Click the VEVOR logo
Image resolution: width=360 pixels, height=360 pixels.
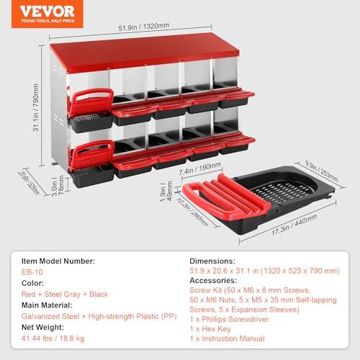tap(48, 14)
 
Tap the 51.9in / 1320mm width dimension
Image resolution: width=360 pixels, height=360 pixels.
tap(144, 27)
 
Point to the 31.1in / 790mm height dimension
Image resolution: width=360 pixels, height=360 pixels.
tap(36, 107)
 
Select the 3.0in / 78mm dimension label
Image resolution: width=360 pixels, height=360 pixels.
tap(58, 186)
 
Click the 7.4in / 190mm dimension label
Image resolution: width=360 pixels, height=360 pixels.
tap(200, 168)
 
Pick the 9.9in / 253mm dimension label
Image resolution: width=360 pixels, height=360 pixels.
tap(322, 171)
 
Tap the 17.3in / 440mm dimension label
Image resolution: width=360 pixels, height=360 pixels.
tap(294, 225)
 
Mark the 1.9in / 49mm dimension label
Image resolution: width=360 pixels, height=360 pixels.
tap(166, 191)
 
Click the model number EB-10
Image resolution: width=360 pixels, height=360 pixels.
tap(32, 272)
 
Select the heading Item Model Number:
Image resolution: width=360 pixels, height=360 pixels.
tap(58, 261)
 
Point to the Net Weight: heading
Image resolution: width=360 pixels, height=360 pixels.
tap(42, 328)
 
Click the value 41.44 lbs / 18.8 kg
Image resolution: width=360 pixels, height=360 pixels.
tap(53, 338)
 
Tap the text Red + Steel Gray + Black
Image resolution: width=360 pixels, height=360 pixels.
tap(65, 294)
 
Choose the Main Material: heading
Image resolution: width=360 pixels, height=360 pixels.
tap(47, 305)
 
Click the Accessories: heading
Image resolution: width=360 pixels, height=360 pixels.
tap(213, 280)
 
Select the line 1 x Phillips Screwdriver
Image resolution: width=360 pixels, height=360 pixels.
tap(229, 319)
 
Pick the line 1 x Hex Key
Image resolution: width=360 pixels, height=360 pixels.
tap(210, 329)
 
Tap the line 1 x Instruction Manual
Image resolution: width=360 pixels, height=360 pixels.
tap(227, 338)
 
